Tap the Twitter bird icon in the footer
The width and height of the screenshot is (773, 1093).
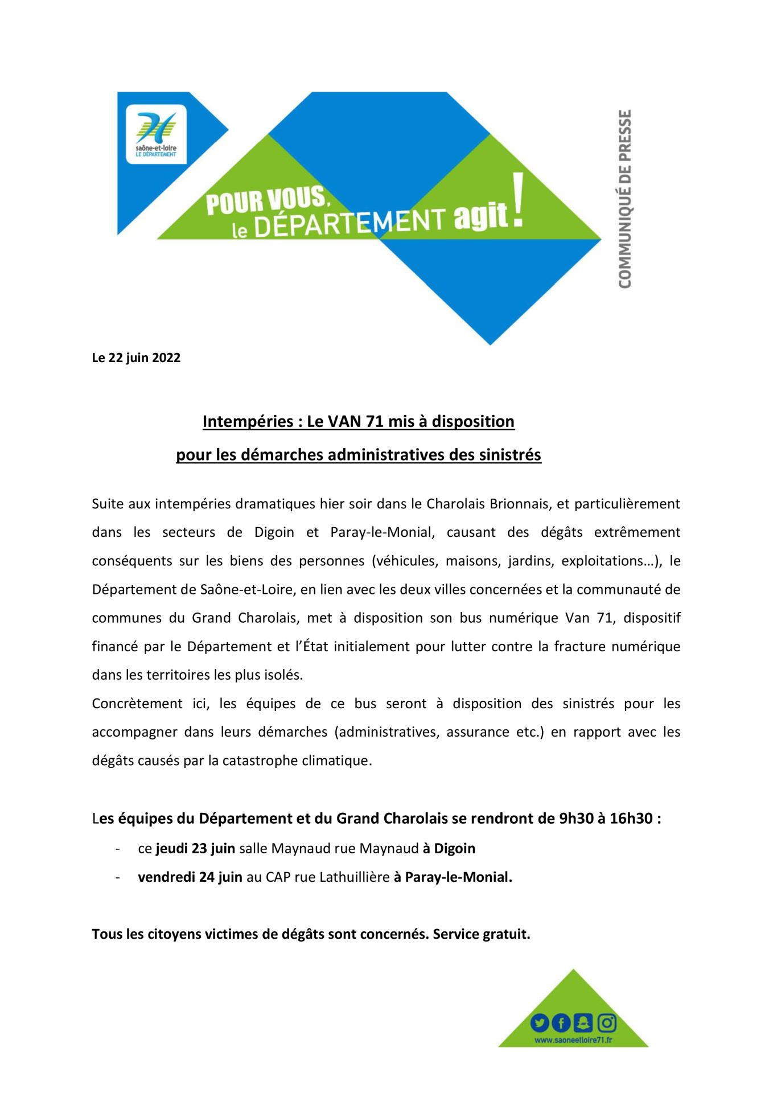coord(540,1023)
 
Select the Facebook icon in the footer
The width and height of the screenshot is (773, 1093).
coord(561,1024)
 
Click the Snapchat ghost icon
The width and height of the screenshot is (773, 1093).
coord(583,1023)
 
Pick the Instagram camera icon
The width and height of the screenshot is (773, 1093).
coord(607,1023)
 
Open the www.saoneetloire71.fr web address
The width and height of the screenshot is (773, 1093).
coord(573,1040)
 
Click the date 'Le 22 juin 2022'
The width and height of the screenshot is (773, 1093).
coord(136,358)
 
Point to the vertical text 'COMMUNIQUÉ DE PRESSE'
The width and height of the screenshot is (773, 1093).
coord(624,199)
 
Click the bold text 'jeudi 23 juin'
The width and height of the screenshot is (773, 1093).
coord(195,848)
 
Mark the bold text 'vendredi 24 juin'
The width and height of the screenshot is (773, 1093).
coord(190,877)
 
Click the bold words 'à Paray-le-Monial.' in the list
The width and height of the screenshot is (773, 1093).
coord(453,877)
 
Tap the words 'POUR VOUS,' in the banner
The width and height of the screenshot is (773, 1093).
coord(268,202)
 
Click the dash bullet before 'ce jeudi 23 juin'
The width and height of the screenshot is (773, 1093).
coord(117,849)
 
